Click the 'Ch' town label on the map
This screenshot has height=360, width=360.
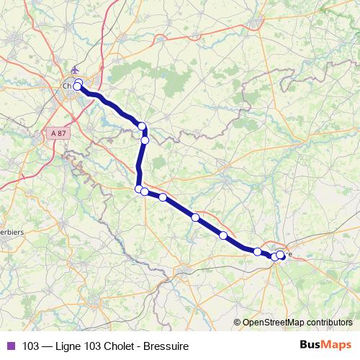[67, 86]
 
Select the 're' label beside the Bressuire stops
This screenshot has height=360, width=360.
[288, 253]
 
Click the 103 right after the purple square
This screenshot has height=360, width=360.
[31, 346]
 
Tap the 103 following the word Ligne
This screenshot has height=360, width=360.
[91, 346]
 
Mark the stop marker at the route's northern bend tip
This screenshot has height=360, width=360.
[143, 126]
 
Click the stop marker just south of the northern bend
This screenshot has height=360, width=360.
[145, 140]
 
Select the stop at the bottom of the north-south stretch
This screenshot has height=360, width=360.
[139, 189]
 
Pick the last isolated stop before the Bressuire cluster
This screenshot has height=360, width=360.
[257, 251]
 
